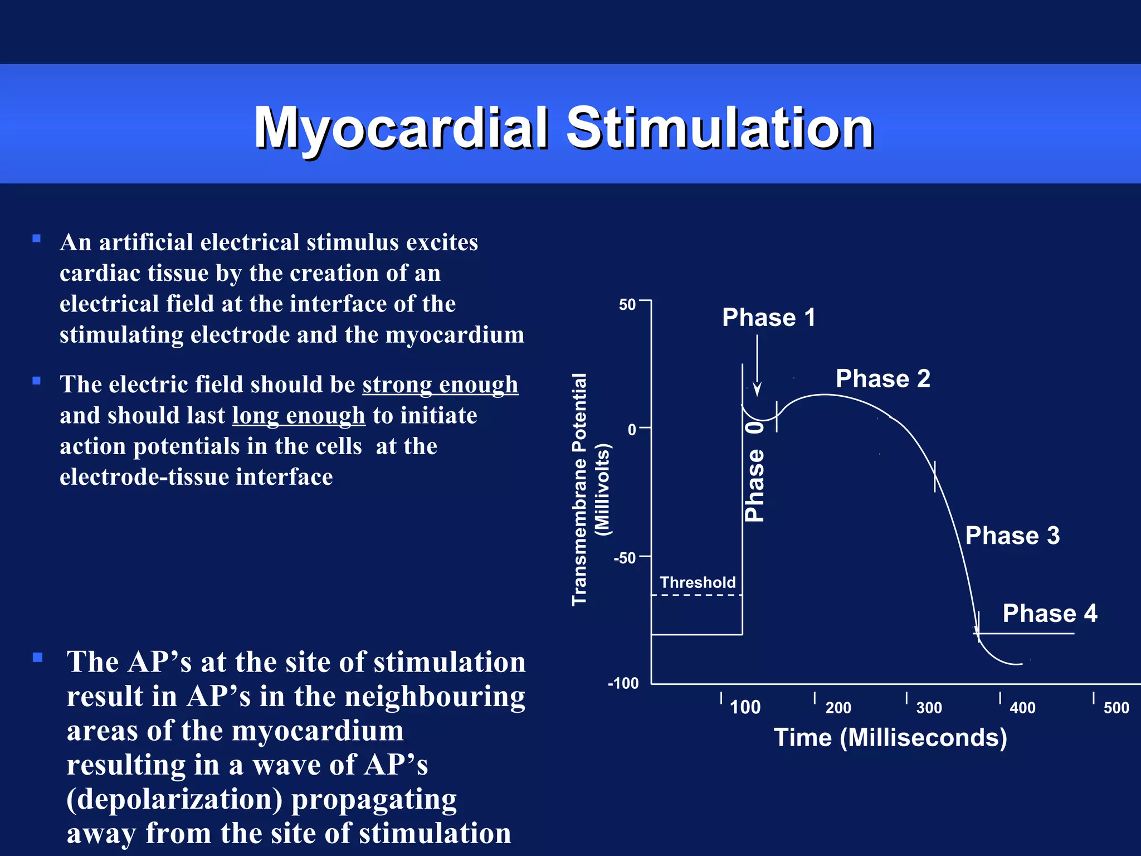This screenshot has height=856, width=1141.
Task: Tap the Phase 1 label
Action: pyautogui.click(x=768, y=318)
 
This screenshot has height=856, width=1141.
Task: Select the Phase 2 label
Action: pyautogui.click(x=882, y=379)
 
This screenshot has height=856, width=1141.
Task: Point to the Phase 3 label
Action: pyautogui.click(x=1012, y=536)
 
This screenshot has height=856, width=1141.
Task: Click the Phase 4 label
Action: pyautogui.click(x=1050, y=614)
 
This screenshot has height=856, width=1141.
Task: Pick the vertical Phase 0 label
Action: pyautogui.click(x=755, y=471)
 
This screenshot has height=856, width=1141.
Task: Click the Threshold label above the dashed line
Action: pyautogui.click(x=698, y=582)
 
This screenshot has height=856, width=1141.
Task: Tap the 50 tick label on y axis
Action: pyautogui.click(x=627, y=305)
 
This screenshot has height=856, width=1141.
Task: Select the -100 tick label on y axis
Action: pyautogui.click(x=623, y=683)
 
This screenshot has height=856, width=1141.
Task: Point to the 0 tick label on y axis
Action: pyautogui.click(x=632, y=430)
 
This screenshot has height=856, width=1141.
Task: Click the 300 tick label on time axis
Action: pyautogui.click(x=929, y=708)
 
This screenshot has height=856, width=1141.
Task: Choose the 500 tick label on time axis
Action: pyautogui.click(x=1116, y=708)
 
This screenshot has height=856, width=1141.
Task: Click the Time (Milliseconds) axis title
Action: pyautogui.click(x=890, y=737)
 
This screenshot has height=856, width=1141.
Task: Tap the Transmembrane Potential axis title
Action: pyautogui.click(x=580, y=489)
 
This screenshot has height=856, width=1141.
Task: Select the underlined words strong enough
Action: pyautogui.click(x=440, y=385)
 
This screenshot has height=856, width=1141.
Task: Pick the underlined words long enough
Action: pyautogui.click(x=299, y=416)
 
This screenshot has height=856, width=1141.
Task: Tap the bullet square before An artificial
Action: pyautogui.click(x=37, y=239)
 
